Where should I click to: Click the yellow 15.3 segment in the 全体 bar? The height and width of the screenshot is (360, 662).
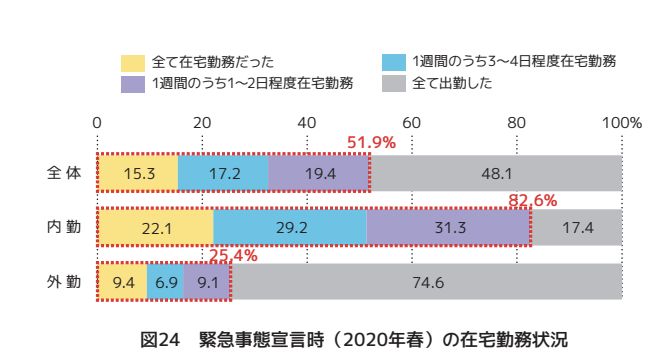pos(138,173)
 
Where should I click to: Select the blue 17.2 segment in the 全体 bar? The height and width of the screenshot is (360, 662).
pos(223,173)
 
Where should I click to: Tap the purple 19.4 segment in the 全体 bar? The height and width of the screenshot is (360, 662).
pos(319,173)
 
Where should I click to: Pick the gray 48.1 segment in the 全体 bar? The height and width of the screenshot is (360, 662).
pos(496,173)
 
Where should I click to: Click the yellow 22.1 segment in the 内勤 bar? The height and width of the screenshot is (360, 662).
pos(156,228)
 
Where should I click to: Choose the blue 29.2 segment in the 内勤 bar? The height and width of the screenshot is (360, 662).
pos(290,228)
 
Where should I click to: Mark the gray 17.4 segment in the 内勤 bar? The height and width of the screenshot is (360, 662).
pos(576,228)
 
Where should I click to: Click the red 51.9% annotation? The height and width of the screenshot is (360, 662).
pos(371,143)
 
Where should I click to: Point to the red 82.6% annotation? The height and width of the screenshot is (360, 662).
pos(532,200)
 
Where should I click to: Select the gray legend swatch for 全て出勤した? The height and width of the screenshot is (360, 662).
pos(395,83)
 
